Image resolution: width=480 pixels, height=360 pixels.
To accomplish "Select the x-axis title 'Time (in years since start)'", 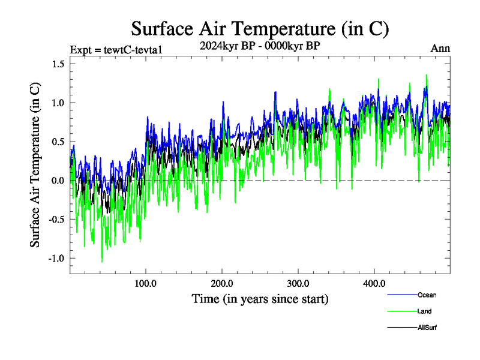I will coord(260,298).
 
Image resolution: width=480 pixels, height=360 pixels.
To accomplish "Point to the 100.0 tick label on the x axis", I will coord(146,283).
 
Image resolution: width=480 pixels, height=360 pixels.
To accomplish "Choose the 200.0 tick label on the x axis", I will coord(222,283).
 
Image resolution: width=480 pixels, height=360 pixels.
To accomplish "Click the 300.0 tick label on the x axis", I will coord(298,283).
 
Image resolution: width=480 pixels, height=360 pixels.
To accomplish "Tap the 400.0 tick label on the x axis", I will coord(374,283).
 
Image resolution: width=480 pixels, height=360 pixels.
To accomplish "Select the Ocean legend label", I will coord(427,295).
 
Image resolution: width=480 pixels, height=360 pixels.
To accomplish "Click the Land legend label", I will coord(424,311).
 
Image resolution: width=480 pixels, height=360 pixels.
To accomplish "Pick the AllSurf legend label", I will coord(427,328).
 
